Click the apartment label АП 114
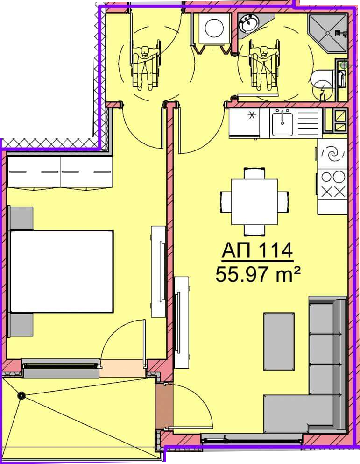point(257,250)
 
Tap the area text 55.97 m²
point(258,274)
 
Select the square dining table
point(254,202)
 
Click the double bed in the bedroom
point(62,271)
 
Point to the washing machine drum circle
point(215,28)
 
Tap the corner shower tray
point(327,33)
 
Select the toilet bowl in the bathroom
point(323,79)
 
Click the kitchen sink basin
point(282,122)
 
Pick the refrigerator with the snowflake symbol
point(244,123)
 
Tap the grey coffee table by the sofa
point(279,341)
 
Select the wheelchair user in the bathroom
point(264,67)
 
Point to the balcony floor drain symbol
point(21,396)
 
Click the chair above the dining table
point(254,173)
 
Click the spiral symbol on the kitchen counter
point(333,154)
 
